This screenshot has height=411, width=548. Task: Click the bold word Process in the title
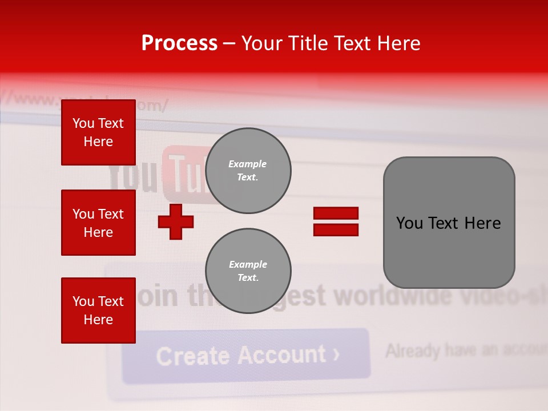[179, 43]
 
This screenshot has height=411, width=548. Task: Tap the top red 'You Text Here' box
[98, 132]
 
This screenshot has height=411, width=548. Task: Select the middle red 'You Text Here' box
[98, 223]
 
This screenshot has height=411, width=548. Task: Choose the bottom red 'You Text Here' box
[98, 310]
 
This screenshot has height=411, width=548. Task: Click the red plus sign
[176, 221]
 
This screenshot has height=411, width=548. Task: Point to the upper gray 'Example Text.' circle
[248, 171]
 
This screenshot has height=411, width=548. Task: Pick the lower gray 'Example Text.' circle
[248, 271]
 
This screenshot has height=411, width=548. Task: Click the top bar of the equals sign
[336, 213]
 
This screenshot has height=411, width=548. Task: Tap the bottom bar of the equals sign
[336, 230]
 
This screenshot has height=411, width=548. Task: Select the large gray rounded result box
[449, 223]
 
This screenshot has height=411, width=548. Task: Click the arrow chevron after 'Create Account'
[336, 354]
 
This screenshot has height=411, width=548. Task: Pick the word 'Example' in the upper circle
[247, 164]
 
